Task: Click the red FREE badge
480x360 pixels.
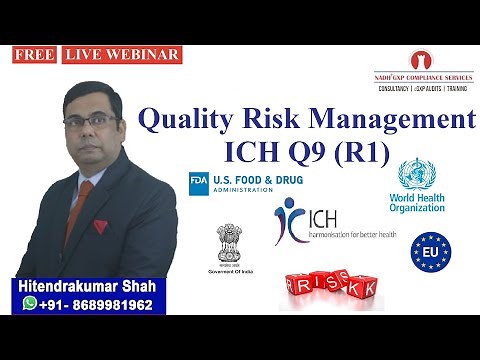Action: click(34, 55)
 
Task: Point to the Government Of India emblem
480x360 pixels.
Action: click(225, 243)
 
